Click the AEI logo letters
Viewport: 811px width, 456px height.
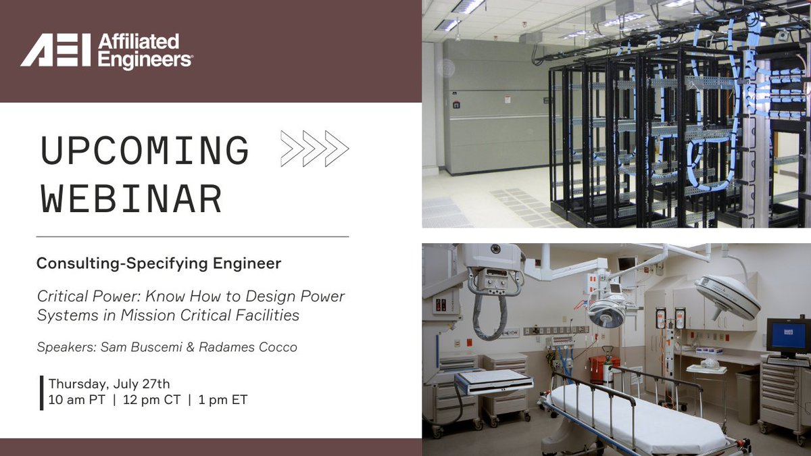55,51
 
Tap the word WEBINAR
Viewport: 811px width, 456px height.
131,199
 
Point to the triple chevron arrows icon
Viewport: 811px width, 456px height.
314,149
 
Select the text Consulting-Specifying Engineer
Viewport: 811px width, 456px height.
159,263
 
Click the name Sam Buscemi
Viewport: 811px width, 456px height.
128,347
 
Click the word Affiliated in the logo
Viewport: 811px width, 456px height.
139,43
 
